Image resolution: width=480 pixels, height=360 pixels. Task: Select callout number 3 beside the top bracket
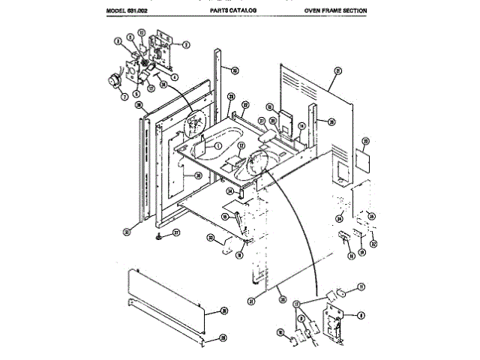click(186, 43)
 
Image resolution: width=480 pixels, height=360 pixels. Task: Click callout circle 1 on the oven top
click(217, 147)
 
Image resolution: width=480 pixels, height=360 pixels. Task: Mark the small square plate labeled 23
click(362, 158)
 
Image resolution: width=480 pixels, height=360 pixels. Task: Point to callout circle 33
click(211, 239)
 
